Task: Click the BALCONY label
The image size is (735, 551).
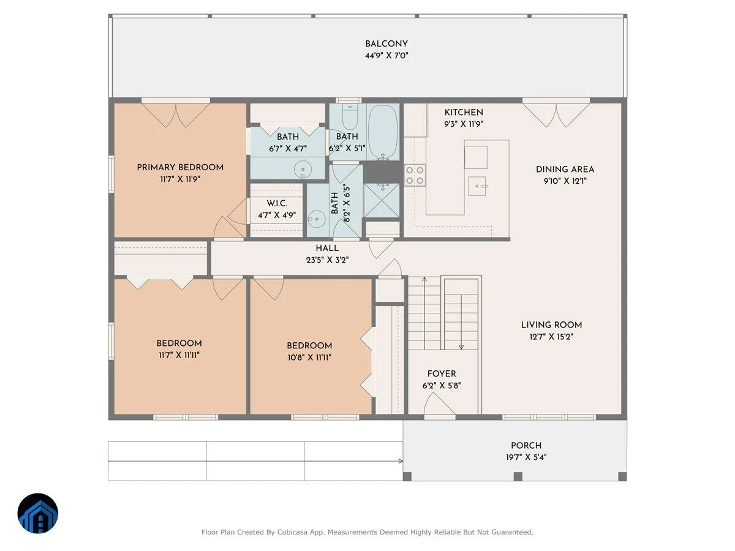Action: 386,44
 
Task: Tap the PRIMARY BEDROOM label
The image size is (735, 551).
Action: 180,167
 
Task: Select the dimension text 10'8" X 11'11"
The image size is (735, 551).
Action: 309,358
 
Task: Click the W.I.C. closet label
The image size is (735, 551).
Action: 277,203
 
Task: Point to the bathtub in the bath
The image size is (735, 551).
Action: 383,132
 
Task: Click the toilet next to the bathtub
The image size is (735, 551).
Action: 350,117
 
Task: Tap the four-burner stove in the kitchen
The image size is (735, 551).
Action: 415,175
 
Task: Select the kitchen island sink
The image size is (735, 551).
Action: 477,186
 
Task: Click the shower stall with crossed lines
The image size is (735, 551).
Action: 382,200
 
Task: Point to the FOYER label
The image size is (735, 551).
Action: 442,373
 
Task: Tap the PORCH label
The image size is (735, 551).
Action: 526,446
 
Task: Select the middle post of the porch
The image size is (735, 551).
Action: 518,476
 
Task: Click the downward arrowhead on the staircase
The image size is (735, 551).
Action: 461,347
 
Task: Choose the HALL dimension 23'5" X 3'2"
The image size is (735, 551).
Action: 327,260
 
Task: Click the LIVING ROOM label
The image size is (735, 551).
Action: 551,325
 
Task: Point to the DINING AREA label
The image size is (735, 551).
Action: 565,170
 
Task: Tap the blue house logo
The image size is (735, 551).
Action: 38,513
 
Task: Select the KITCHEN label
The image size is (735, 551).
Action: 464,113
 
